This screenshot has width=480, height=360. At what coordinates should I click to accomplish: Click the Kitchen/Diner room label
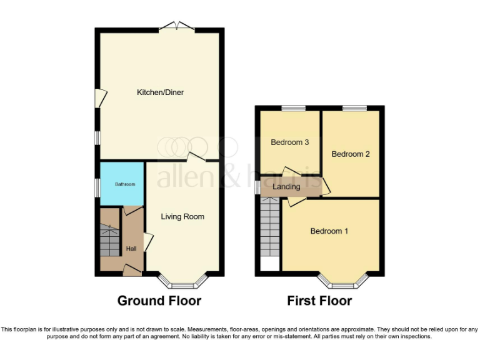click(x=161, y=92)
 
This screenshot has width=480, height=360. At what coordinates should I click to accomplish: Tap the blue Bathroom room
click(x=122, y=183)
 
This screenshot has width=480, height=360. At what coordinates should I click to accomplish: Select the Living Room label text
click(x=182, y=217)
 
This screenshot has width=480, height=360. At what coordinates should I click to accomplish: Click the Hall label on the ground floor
click(x=131, y=249)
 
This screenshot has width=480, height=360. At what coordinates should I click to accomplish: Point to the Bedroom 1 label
click(x=329, y=231)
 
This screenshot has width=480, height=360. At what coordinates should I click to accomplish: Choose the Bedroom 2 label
click(x=351, y=154)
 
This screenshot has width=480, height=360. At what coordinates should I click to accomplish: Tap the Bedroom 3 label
click(x=289, y=142)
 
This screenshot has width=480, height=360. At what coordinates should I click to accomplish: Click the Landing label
click(x=287, y=186)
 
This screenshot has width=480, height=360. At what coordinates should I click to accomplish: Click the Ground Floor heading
click(x=159, y=301)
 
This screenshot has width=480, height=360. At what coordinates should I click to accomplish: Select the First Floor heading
click(x=319, y=301)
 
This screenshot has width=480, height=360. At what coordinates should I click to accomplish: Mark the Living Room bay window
click(x=181, y=282)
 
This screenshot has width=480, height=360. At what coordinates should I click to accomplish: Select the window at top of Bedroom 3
click(x=289, y=109)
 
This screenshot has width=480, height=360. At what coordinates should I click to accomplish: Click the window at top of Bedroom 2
click(x=354, y=109)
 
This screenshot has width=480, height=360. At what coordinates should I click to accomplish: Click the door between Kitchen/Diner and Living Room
click(x=196, y=157)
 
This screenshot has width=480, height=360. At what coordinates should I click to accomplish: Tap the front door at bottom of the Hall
click(x=131, y=269)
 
